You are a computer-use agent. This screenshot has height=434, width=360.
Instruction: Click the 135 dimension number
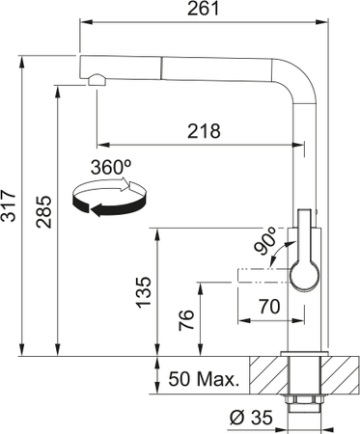pos(142,292)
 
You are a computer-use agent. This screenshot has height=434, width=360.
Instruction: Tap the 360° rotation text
pos(110,166)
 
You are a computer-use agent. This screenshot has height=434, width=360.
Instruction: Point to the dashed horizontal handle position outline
pos(261,277)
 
